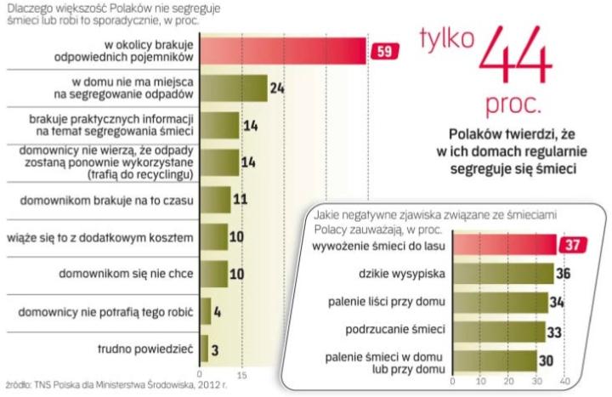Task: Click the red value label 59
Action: tap(382, 52)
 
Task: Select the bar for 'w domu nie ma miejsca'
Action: tap(233, 88)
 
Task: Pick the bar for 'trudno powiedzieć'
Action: tap(204, 349)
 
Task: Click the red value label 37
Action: tap(571, 246)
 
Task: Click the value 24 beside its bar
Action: tap(276, 88)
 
